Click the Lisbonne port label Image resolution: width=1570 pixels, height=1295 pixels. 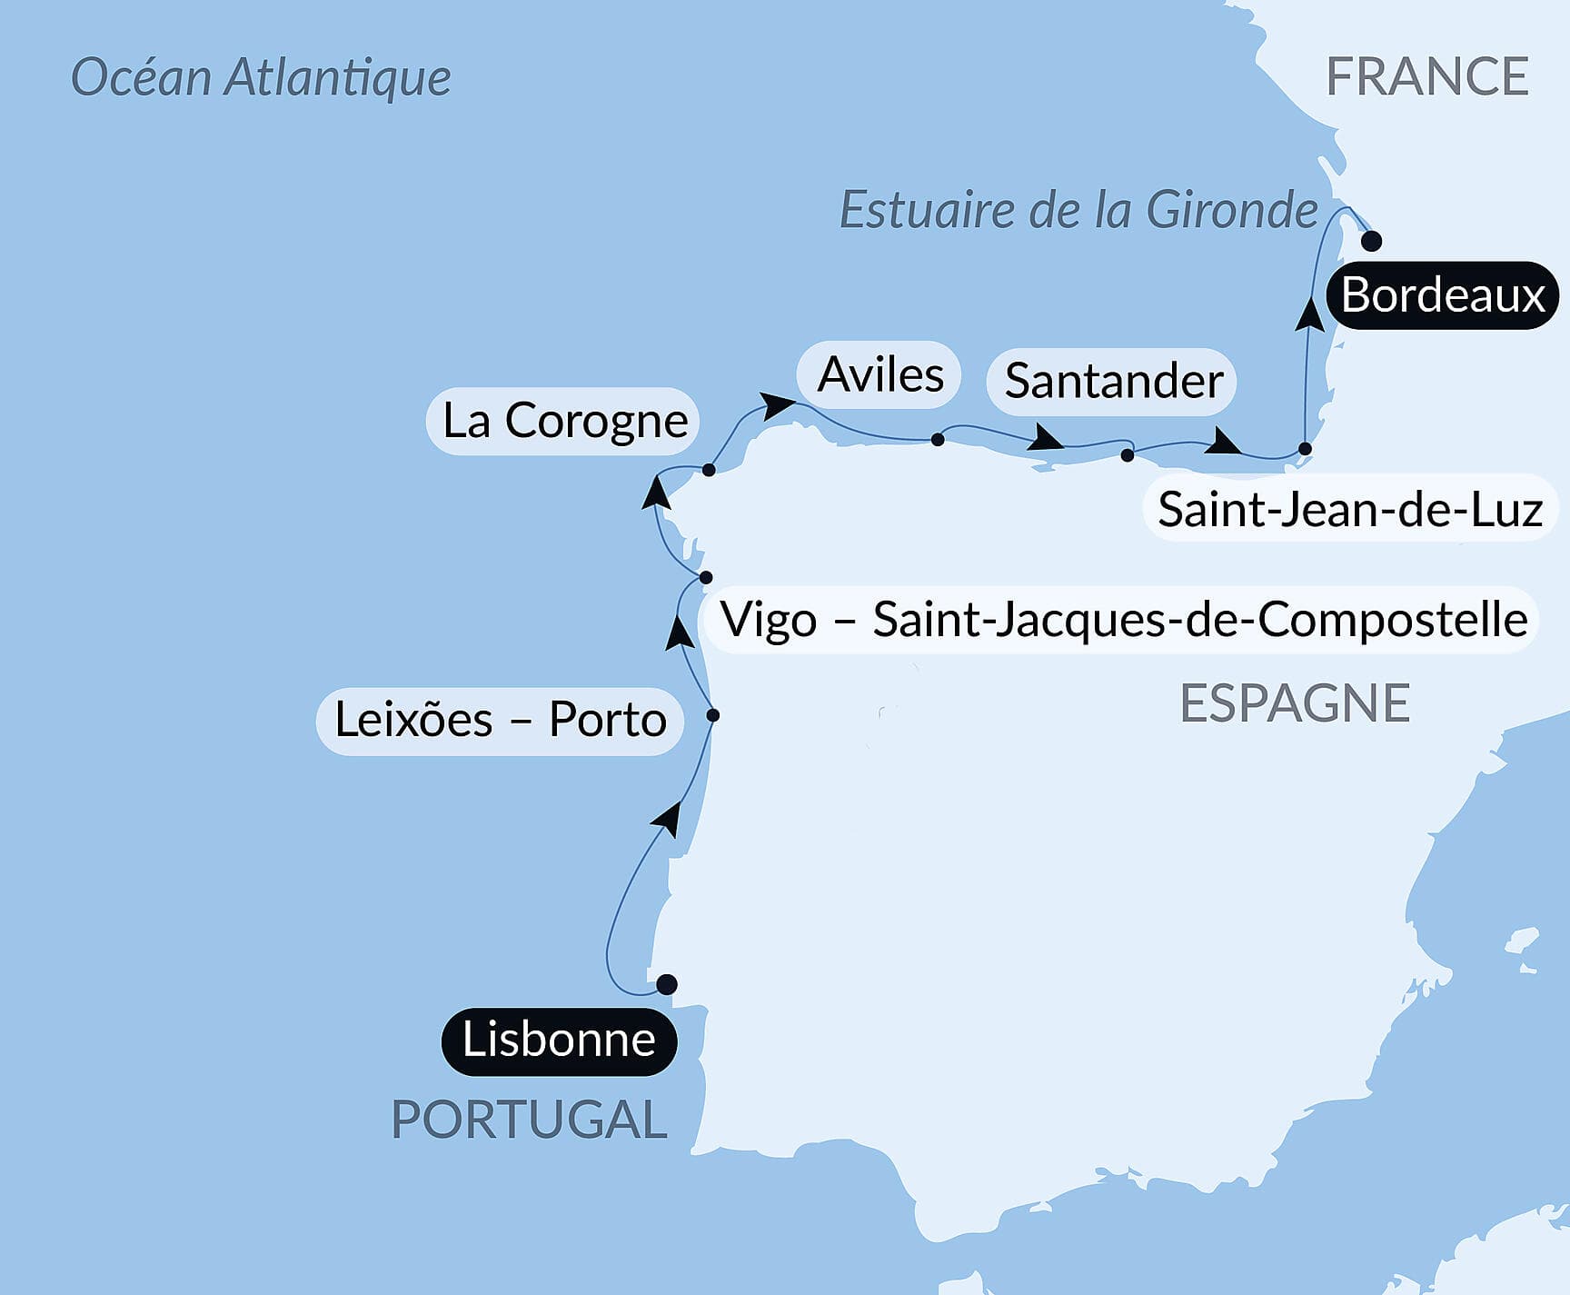point(559,1041)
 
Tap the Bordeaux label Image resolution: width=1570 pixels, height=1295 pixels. point(1442,295)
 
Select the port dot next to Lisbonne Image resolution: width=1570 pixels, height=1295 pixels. point(666,984)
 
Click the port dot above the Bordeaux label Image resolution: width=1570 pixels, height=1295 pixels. point(1371,241)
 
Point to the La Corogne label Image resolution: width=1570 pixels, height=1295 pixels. point(563,421)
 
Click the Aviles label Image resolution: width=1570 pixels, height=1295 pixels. point(879,374)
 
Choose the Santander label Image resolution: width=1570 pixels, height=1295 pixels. point(1112,381)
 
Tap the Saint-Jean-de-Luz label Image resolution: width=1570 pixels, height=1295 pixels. point(1349,509)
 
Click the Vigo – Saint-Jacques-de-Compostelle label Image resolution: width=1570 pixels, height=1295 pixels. point(1122,620)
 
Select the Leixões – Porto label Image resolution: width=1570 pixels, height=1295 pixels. point(500,720)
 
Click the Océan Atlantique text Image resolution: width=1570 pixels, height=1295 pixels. point(261,77)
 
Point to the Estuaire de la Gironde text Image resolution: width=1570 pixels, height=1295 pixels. point(1078,210)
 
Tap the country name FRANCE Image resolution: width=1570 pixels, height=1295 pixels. point(1426,76)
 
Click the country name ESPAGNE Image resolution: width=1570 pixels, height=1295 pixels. point(1294,702)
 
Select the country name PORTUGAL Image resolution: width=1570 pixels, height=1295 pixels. point(529,1119)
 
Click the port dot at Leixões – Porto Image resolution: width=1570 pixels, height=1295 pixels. point(713,715)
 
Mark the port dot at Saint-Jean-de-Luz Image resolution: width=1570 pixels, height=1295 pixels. point(1305,448)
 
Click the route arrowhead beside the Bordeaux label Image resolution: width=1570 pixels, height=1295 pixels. point(1309,314)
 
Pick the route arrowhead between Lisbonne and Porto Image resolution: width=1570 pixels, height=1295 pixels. point(668,818)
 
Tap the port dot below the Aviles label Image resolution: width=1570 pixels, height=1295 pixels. point(938,440)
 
